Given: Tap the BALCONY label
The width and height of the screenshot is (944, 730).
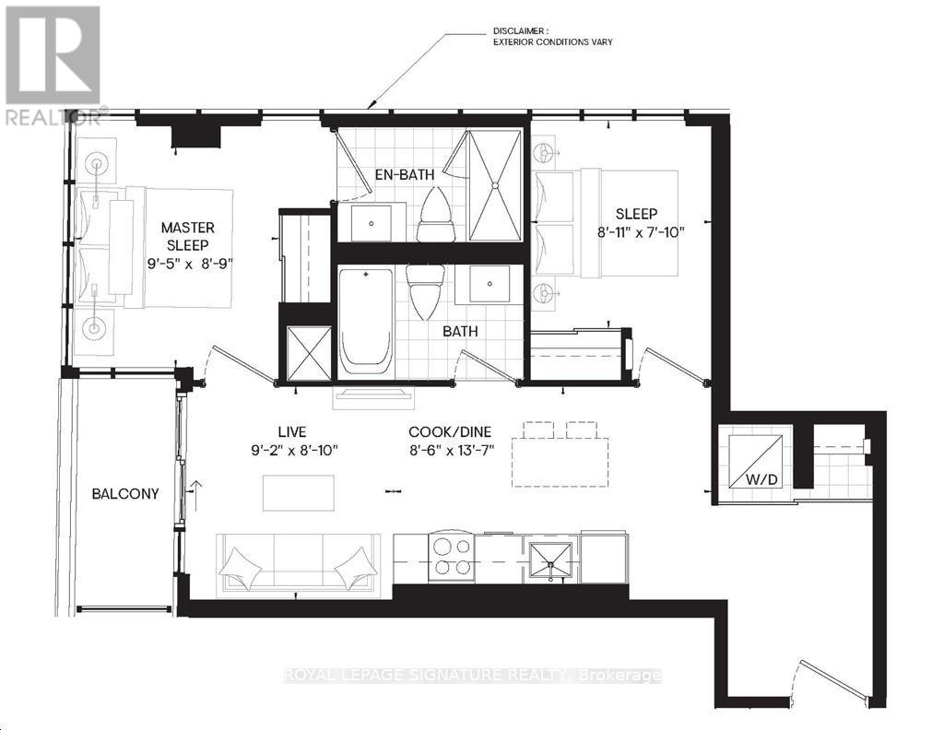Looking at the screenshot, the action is pyautogui.click(x=125, y=493).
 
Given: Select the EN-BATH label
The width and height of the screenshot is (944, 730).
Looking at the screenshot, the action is pyautogui.click(x=405, y=175).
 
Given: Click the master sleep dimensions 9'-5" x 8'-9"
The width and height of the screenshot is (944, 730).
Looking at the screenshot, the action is pyautogui.click(x=190, y=264).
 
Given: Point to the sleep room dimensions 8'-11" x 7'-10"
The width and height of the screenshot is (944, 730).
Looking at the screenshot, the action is pyautogui.click(x=642, y=231).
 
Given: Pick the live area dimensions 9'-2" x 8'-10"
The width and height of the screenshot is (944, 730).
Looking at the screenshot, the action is pyautogui.click(x=295, y=450).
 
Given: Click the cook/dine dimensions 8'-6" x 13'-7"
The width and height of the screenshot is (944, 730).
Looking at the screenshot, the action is pyautogui.click(x=452, y=450).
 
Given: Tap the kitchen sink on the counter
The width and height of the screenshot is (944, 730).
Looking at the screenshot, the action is pyautogui.click(x=551, y=561).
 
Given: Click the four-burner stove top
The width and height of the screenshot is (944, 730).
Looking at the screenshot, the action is pyautogui.click(x=452, y=558).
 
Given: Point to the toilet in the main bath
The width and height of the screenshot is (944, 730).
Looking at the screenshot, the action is pyautogui.click(x=426, y=292).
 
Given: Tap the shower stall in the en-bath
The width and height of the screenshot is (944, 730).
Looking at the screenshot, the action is pyautogui.click(x=495, y=185).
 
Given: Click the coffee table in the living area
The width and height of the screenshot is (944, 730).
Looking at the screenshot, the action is pyautogui.click(x=299, y=493).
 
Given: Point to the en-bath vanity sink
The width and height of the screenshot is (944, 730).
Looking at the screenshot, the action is pyautogui.click(x=371, y=223).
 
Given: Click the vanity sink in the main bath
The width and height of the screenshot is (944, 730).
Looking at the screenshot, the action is pyautogui.click(x=490, y=284).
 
